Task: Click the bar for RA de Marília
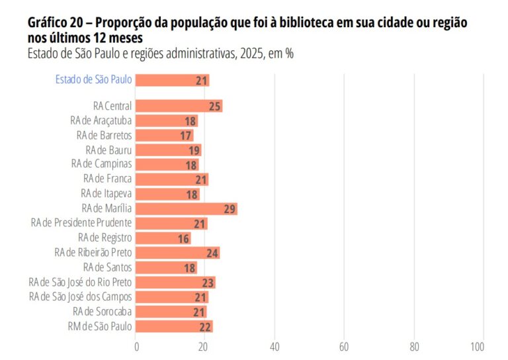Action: click(187, 208)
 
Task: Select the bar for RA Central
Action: click(179, 106)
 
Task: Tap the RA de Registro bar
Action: click(163, 238)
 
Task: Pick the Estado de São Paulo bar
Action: click(173, 80)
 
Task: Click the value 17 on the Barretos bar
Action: click(186, 136)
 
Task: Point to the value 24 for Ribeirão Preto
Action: click(212, 253)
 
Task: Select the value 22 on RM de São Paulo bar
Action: click(205, 326)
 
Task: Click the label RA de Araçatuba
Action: click(101, 120)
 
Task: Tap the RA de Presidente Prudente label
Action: click(81, 223)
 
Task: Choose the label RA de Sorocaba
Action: click(102, 312)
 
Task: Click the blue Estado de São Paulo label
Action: click(93, 79)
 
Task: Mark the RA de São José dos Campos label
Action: click(80, 297)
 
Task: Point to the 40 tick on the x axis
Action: click(275, 346)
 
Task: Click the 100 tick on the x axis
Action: click(477, 346)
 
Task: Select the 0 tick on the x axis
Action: click(136, 346)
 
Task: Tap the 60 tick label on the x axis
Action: click(344, 346)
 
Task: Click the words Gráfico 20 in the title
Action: click(54, 22)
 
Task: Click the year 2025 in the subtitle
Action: click(247, 54)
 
